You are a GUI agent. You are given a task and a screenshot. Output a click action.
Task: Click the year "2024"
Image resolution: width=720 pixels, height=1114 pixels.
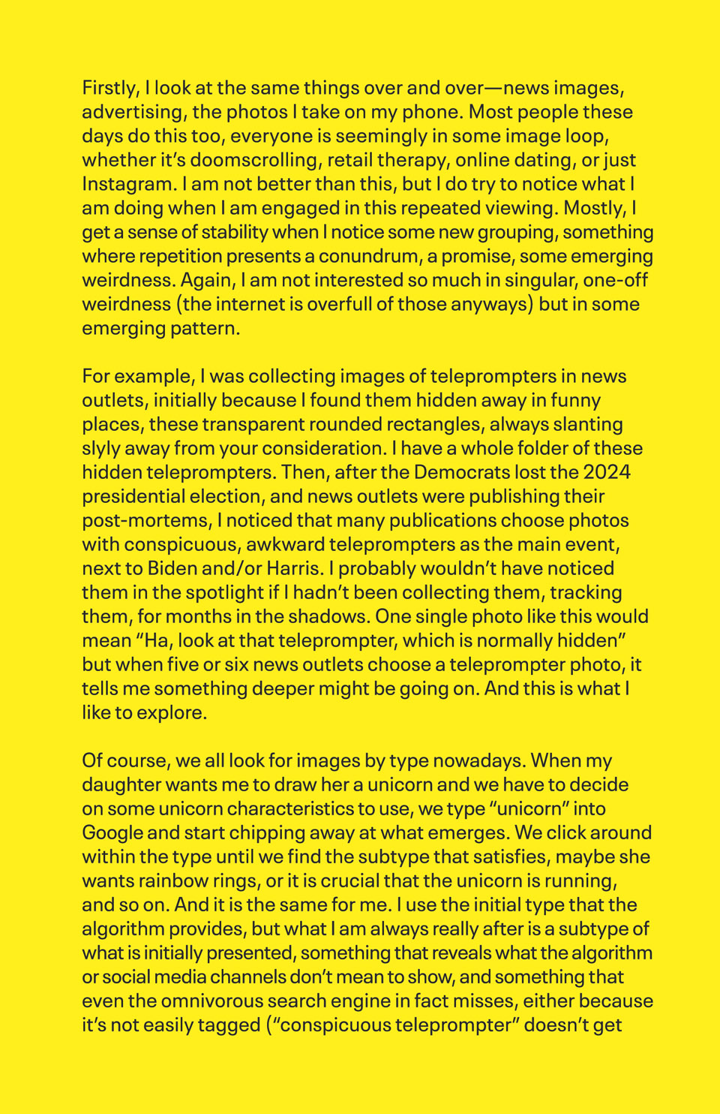tap(606, 473)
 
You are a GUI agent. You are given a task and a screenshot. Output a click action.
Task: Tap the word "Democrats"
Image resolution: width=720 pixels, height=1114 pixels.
tap(462, 473)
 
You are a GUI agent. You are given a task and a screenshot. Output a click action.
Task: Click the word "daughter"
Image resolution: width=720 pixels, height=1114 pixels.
tap(121, 785)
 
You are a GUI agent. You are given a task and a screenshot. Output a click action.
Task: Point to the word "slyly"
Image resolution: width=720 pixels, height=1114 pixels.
tap(100, 449)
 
